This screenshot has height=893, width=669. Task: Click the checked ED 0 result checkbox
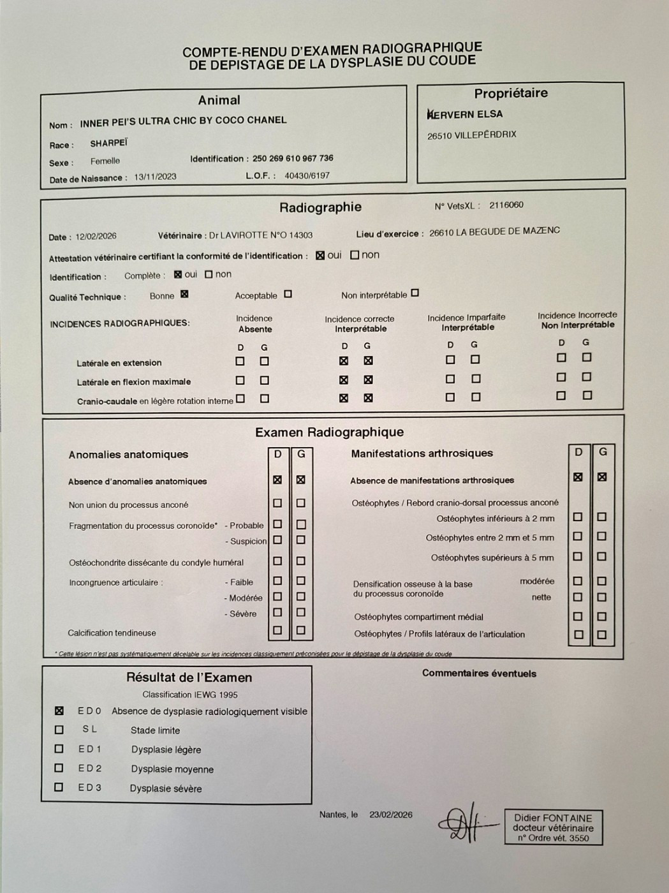(59, 711)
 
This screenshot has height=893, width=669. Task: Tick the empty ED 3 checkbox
(59, 787)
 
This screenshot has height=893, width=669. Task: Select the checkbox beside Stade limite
(59, 730)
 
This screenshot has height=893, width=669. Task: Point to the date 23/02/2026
(391, 815)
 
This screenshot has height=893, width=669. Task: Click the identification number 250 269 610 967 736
(293, 158)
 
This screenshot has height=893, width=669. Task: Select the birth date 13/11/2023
(155, 177)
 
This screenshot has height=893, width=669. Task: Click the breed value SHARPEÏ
(109, 143)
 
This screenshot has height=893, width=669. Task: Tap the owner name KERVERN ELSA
(465, 114)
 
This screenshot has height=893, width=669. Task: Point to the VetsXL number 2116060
(506, 205)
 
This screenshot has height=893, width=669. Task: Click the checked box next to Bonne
(184, 294)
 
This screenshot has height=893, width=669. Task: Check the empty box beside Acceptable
(288, 294)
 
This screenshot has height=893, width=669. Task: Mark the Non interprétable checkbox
(415, 293)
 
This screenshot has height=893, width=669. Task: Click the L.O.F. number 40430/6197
(307, 175)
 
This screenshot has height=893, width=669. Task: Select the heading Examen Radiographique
(329, 432)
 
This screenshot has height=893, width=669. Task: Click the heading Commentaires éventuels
(479, 673)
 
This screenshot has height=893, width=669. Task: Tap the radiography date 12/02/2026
(96, 236)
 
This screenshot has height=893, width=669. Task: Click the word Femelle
(105, 161)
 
